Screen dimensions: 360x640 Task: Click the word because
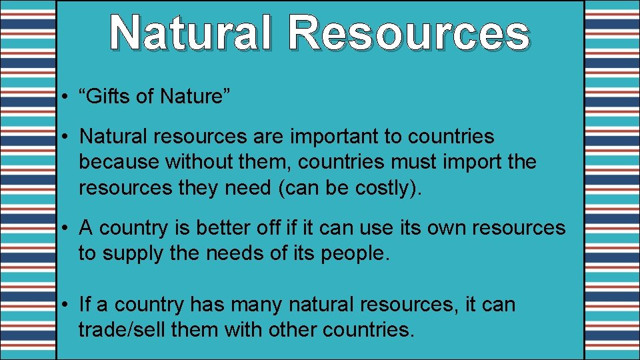[x=119, y=162]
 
